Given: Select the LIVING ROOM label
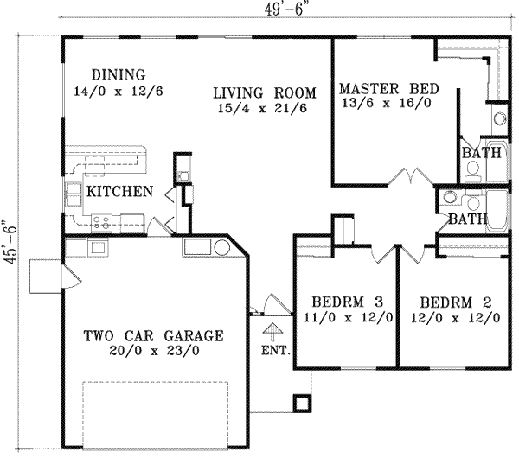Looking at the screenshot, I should (x=265, y=92).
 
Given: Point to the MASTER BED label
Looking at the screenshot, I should (x=389, y=88).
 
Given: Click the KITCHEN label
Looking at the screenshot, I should (x=119, y=191).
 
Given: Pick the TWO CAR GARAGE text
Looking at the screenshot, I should (x=153, y=336).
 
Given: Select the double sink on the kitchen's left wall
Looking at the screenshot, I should (x=72, y=198).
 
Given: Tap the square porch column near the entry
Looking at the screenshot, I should (x=302, y=404).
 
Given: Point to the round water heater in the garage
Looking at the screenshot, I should (x=221, y=248).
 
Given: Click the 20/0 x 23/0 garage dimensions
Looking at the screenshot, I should (x=154, y=352).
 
